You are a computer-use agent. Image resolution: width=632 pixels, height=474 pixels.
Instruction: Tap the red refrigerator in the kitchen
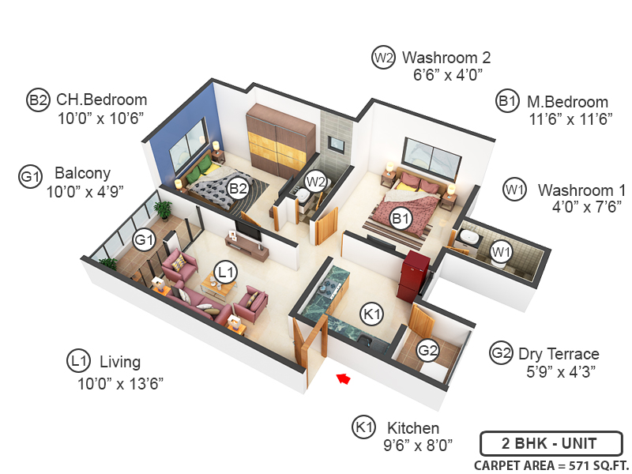[x=416, y=276]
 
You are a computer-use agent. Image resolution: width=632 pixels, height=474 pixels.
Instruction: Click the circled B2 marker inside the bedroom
[x=237, y=188]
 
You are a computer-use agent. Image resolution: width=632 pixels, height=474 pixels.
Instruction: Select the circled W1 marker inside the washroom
[x=499, y=251]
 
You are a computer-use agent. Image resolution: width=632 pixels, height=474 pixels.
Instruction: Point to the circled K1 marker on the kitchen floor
[x=371, y=314]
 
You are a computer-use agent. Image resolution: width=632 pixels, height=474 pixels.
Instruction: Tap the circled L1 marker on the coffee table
[x=227, y=273]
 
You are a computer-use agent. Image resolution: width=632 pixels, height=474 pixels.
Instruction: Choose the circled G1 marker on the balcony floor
[x=144, y=239]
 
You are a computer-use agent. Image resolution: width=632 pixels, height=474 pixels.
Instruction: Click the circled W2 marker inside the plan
[x=316, y=182]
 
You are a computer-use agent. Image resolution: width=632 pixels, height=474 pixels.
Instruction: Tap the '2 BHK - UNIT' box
[x=551, y=442]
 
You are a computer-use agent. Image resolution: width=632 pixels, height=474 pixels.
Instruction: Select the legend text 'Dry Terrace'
[x=559, y=353]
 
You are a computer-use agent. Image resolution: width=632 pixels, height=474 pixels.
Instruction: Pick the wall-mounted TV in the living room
[x=247, y=229]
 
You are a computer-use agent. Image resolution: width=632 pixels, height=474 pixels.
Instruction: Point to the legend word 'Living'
[x=120, y=362]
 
